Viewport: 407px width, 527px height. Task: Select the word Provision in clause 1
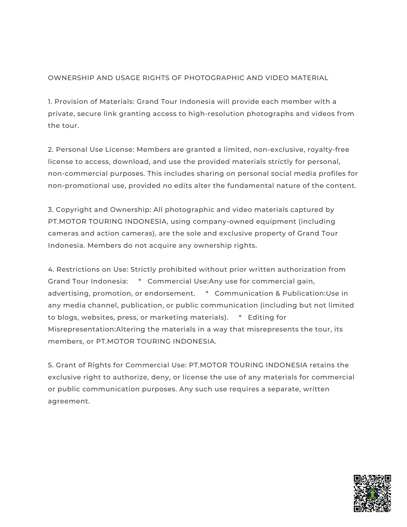pyautogui.click(x=68, y=102)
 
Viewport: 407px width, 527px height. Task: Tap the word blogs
pyautogui.click(x=67, y=318)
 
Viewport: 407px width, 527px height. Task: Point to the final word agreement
pyautogui.click(x=69, y=401)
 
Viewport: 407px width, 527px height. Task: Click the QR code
pyautogui.click(x=372, y=493)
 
